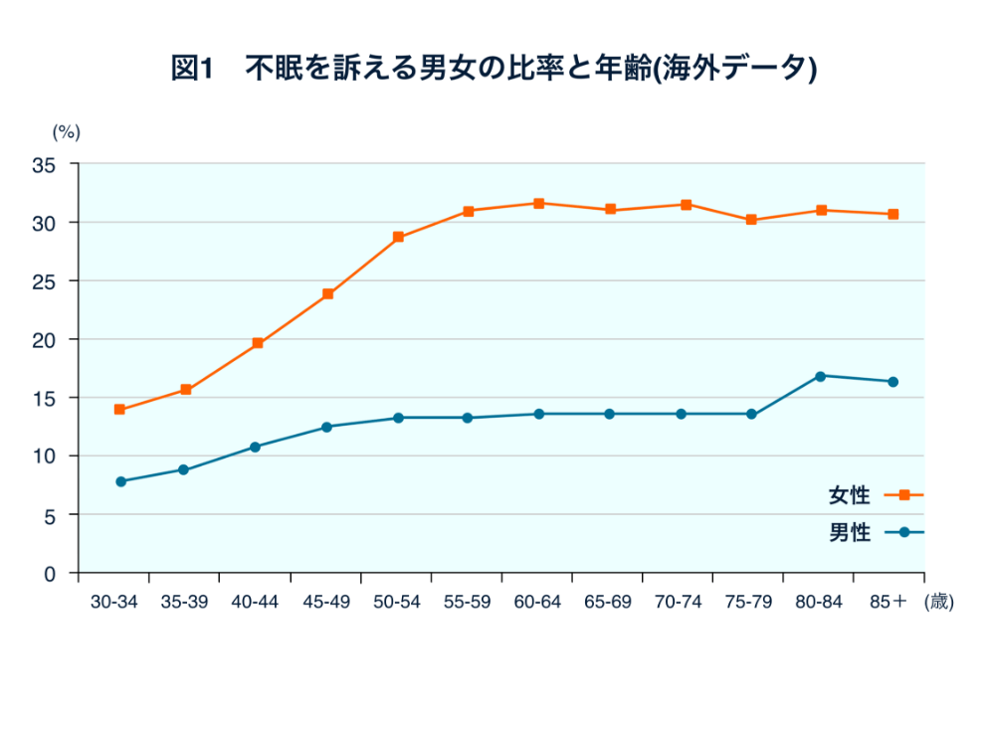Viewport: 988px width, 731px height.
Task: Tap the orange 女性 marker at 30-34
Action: [x=119, y=410]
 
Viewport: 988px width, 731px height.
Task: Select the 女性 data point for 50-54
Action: [x=398, y=238]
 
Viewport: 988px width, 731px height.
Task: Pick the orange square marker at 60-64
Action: [x=539, y=203]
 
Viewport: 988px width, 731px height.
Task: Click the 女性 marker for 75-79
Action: [x=751, y=220]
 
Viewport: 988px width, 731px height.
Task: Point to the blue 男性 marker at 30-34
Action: [x=121, y=481]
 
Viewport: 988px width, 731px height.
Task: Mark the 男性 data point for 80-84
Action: [x=821, y=376]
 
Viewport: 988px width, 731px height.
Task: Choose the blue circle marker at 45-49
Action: [x=326, y=427]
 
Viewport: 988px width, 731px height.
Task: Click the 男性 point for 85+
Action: [x=892, y=382]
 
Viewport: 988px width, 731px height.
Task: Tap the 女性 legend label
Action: [x=849, y=495]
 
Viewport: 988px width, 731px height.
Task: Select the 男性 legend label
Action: [x=849, y=533]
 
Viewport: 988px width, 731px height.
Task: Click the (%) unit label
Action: [x=66, y=131]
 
